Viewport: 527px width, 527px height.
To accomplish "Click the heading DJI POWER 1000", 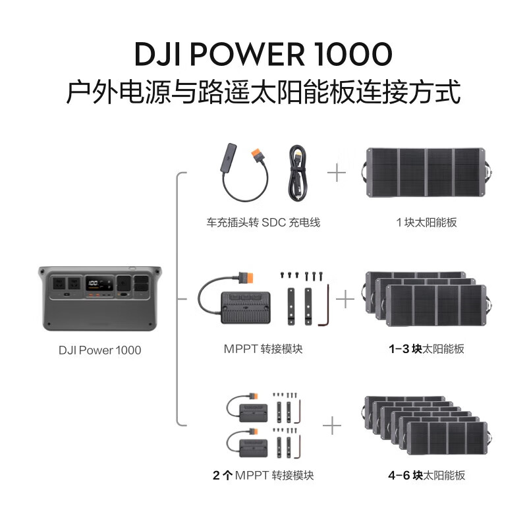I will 263,53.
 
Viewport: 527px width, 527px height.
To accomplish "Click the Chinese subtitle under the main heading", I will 263,92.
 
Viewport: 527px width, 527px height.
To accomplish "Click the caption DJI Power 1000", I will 100,350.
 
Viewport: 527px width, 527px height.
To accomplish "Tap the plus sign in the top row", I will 337,173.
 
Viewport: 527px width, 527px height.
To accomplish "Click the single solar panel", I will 426,173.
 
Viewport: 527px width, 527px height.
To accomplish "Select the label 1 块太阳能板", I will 426,223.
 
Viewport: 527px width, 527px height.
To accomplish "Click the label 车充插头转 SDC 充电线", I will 263,223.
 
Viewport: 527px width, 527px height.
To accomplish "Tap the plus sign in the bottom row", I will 331,426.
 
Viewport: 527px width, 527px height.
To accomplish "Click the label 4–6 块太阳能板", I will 426,475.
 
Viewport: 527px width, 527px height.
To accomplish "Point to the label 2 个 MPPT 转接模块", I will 263,475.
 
